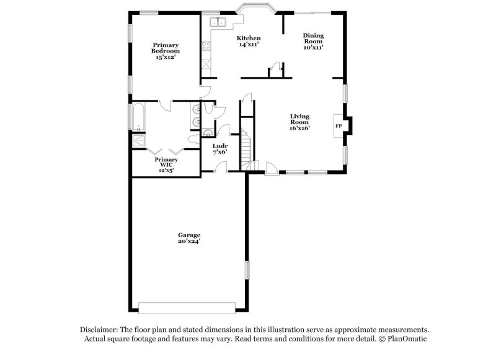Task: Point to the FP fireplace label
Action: tap(339, 126)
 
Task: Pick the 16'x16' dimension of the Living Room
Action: tap(300, 128)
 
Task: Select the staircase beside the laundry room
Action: tap(247, 149)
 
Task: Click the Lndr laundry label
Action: tap(220, 146)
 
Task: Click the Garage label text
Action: tap(189, 235)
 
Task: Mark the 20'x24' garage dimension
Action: tap(189, 242)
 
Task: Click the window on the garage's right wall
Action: tap(247, 270)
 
